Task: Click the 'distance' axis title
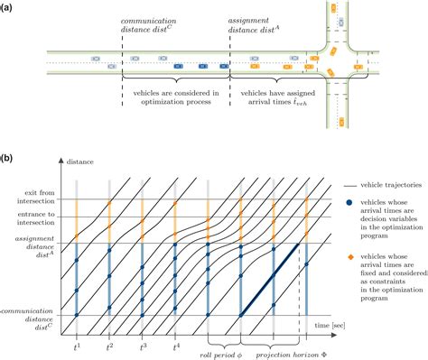click(x=84, y=162)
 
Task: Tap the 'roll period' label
click(x=221, y=353)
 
